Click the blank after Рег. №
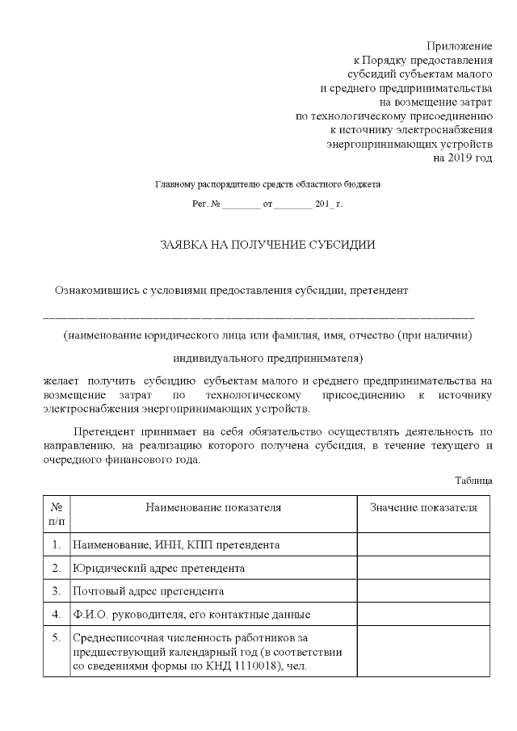(x=241, y=205)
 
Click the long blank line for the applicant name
(x=258, y=317)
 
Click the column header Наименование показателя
(x=213, y=507)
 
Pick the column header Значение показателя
(x=423, y=507)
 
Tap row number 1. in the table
(x=57, y=545)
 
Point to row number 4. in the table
(x=57, y=614)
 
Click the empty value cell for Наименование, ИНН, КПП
(x=423, y=545)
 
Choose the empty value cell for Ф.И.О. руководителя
(x=423, y=614)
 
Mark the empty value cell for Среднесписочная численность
(x=423, y=652)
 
